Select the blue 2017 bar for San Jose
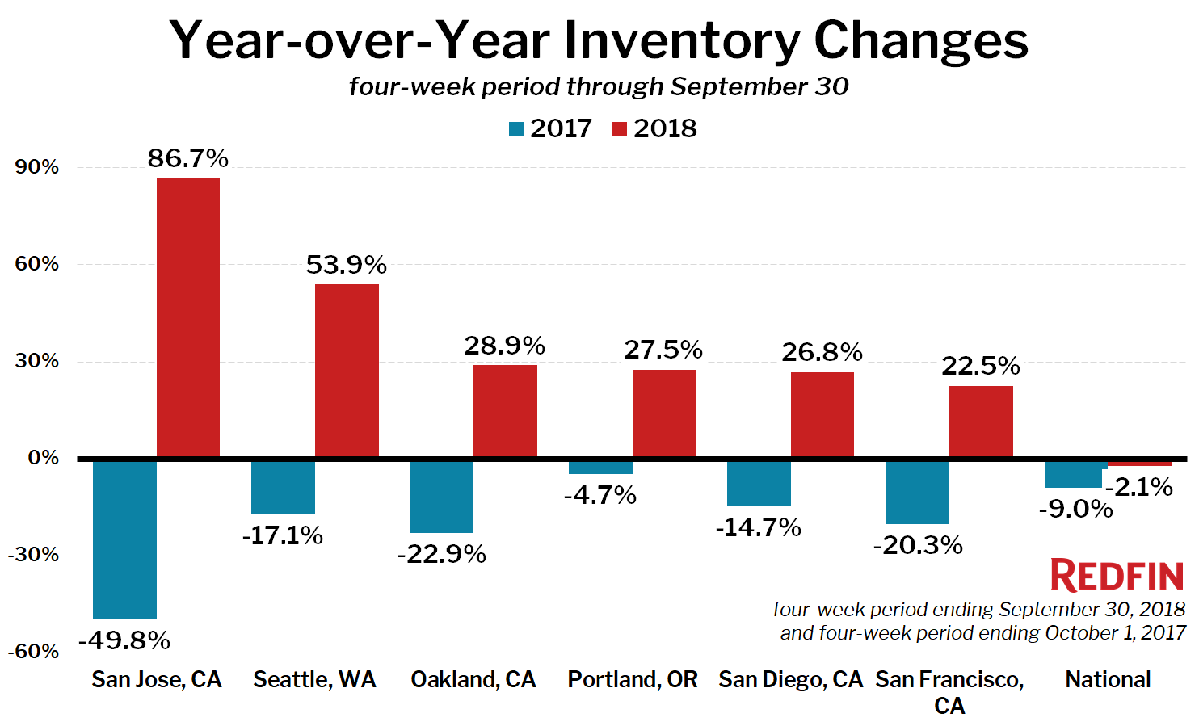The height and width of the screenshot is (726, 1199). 124,539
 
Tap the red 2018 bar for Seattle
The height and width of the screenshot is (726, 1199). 347,371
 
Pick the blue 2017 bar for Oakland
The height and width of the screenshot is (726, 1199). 441,496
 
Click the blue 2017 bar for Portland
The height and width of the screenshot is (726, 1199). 600,467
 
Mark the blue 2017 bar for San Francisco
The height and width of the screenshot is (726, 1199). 917,492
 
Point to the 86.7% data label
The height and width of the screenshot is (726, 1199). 187,158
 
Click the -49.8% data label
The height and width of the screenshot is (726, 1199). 124,640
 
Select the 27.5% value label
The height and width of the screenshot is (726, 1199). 663,350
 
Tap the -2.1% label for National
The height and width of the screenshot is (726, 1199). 1139,487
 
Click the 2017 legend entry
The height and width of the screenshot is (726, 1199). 551,128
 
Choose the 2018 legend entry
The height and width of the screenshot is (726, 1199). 655,128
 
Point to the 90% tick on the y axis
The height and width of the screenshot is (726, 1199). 37,167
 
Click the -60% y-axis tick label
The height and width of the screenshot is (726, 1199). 34,652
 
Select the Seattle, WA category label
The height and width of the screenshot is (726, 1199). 314,679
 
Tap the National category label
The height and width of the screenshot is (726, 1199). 1108,679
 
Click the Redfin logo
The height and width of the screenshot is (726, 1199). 1117,576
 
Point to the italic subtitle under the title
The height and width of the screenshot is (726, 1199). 599,86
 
